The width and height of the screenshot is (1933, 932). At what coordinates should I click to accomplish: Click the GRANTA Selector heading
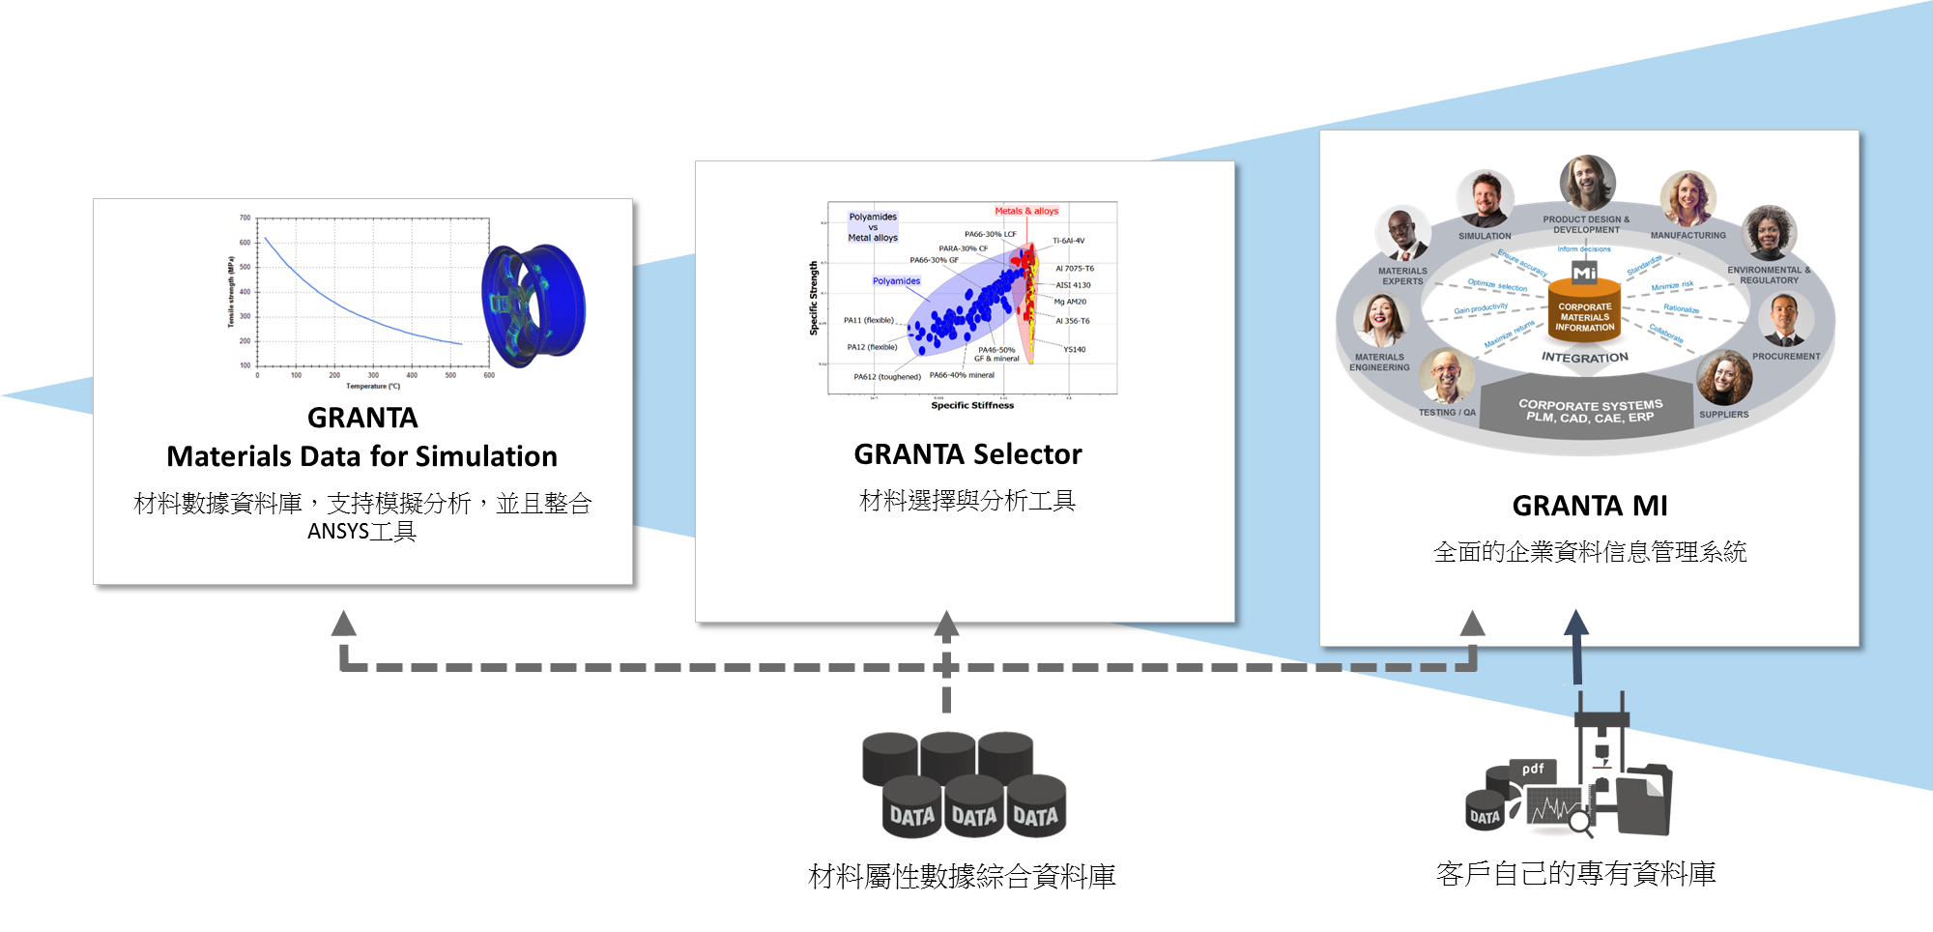[x=967, y=454]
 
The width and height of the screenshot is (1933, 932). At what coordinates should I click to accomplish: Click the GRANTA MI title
[x=1590, y=506]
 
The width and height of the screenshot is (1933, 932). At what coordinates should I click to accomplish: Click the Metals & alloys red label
[x=1026, y=211]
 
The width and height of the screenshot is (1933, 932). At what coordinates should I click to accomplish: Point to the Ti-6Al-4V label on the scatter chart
[x=1069, y=241]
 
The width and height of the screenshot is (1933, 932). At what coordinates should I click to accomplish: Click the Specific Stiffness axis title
[x=972, y=406]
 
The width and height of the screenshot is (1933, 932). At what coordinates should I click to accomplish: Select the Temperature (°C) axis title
[x=373, y=387]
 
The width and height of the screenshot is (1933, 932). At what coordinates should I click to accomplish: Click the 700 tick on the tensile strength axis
[x=245, y=218]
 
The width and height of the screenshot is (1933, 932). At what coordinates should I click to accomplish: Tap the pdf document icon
[x=1533, y=771]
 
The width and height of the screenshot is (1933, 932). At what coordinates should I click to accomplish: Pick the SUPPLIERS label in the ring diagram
[x=1723, y=415]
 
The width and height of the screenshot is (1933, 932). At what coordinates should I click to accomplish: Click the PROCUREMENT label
[x=1786, y=357]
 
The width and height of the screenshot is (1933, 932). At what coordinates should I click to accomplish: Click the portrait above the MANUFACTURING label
[x=1688, y=198]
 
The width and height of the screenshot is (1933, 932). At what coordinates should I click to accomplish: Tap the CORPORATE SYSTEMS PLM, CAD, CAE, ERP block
[x=1590, y=411]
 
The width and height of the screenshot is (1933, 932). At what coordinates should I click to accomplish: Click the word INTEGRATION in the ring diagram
[x=1585, y=358]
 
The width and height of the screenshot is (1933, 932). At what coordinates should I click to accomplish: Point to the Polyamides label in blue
[x=897, y=281]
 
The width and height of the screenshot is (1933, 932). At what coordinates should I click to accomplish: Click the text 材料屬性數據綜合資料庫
[x=962, y=877]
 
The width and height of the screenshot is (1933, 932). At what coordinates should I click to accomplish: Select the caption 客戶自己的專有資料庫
[x=1575, y=874]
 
